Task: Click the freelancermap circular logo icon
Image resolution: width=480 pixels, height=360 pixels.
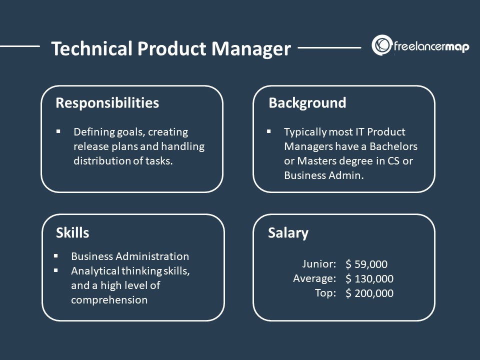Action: (381, 45)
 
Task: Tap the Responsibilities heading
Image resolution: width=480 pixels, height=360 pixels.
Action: (107, 103)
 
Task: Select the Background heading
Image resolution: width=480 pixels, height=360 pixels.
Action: (307, 103)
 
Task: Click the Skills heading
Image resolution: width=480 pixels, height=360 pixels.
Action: (72, 232)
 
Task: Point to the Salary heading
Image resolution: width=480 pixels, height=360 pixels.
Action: (288, 232)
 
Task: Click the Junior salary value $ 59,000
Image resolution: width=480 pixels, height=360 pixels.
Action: (366, 264)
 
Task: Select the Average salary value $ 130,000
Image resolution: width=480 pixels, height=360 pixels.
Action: (369, 279)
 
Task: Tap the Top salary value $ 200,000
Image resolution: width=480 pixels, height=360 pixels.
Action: (369, 293)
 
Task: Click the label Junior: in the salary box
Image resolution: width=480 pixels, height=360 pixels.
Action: (319, 264)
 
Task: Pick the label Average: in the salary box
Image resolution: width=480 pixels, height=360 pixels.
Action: (314, 279)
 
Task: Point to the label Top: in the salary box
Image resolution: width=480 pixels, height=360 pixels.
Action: (326, 293)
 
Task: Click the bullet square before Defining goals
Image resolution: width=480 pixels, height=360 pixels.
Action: (58, 131)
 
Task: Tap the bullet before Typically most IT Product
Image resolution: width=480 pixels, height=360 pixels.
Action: (269, 131)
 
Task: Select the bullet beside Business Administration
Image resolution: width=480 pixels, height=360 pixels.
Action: (56, 256)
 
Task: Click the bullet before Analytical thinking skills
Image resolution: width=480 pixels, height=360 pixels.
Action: (56, 270)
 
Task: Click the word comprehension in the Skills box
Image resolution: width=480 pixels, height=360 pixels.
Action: (109, 300)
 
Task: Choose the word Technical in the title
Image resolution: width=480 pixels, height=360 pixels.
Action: (84, 48)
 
